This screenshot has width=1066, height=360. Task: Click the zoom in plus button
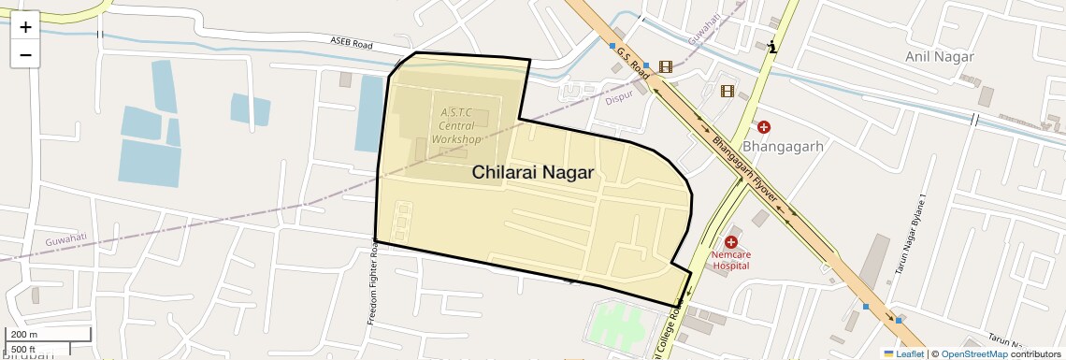pyautogui.click(x=25, y=27)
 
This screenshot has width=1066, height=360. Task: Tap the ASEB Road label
pyautogui.click(x=351, y=43)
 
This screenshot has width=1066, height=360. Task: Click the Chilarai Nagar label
pyautogui.click(x=533, y=172)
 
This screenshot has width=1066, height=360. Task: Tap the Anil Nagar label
pyautogui.click(x=939, y=57)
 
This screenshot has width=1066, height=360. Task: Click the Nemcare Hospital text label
pyautogui.click(x=731, y=259)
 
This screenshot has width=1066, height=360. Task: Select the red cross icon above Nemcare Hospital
pyautogui.click(x=731, y=241)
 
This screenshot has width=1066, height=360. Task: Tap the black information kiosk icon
pyautogui.click(x=771, y=47)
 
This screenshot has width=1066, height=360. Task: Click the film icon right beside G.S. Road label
pyautogui.click(x=665, y=66)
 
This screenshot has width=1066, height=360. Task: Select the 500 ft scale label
pyautogui.click(x=25, y=349)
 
